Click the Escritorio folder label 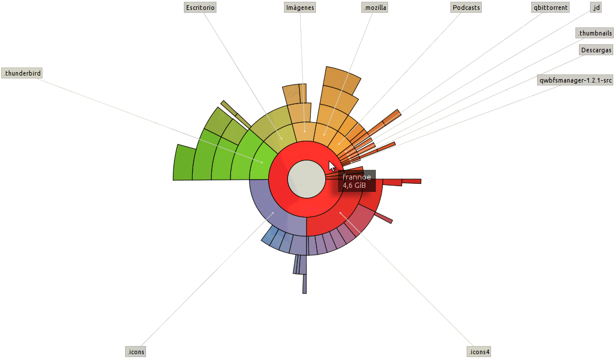tap(201, 8)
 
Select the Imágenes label tap(300, 8)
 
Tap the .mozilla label tap(374, 8)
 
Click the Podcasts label tap(466, 8)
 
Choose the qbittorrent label tap(550, 8)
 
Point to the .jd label tap(595, 8)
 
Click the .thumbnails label tap(595, 33)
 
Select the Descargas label tap(596, 50)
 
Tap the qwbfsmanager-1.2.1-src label tap(575, 80)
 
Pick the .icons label tap(136, 351)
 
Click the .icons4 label tap(479, 351)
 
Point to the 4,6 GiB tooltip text tap(354, 186)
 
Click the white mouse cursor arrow tap(332, 165)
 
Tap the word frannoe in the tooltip tap(357, 177)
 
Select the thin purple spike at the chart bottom tap(304, 283)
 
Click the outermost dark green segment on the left tap(184, 163)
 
